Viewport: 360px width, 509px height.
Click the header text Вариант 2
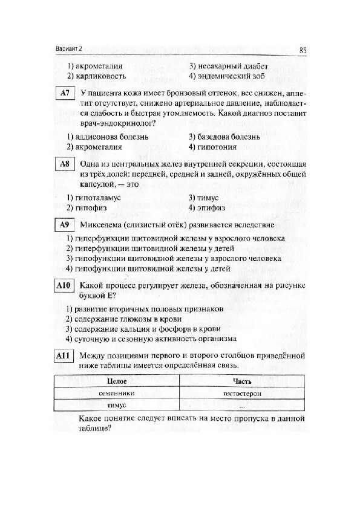[67, 49]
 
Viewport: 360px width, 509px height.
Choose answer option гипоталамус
[94, 198]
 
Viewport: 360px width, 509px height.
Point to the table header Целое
[117, 381]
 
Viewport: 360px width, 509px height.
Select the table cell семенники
[117, 393]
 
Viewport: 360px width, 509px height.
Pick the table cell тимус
[117, 405]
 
